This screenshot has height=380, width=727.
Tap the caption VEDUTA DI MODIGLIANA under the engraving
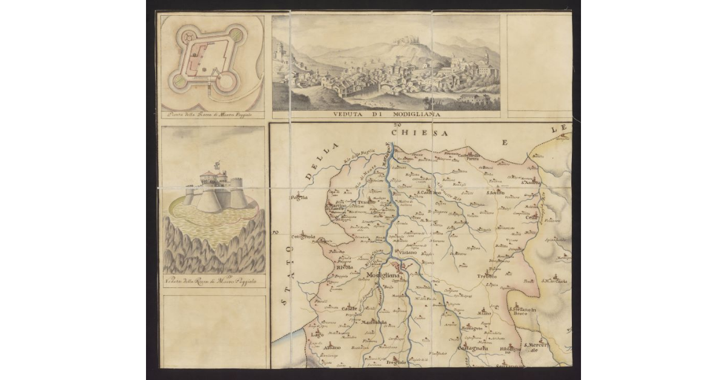tap(385, 114)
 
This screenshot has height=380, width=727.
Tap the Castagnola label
tap(473, 349)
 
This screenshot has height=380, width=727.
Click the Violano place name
tap(408, 252)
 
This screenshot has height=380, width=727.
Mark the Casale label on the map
tap(349, 309)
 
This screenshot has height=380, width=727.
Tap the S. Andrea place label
tap(530, 182)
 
